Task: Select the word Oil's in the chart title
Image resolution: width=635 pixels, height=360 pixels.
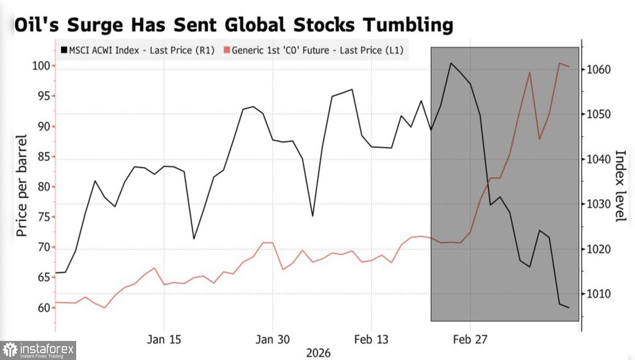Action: [37, 25]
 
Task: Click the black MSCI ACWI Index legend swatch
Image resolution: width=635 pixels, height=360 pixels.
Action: [64, 50]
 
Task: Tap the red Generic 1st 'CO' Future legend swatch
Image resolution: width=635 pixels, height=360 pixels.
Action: [227, 50]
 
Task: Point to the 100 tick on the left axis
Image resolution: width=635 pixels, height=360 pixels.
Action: [41, 66]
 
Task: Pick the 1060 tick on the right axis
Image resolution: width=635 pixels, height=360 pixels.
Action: [599, 69]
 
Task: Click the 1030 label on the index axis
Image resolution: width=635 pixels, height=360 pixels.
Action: [599, 204]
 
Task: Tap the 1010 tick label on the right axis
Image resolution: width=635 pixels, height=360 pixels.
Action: [599, 294]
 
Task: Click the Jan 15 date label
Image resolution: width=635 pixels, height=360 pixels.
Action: [164, 339]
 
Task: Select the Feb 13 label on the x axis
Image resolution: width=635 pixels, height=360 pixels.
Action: [371, 339]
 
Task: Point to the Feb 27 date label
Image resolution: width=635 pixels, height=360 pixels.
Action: [470, 339]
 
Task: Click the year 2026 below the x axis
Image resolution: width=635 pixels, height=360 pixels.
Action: [318, 353]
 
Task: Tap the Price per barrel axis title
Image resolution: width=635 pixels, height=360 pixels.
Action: [21, 186]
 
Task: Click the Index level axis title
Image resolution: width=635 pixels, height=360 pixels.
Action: [620, 186]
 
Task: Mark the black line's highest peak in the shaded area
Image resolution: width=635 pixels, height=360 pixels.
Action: [451, 63]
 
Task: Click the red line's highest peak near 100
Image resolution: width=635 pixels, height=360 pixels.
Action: [559, 63]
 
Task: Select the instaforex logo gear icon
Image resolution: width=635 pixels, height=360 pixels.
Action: [10, 350]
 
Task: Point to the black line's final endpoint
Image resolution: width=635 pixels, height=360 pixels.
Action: [569, 308]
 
